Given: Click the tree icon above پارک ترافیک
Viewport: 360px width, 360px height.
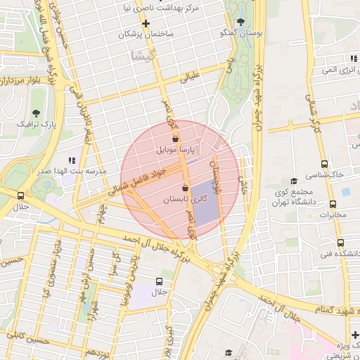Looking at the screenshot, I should click(x=36, y=112).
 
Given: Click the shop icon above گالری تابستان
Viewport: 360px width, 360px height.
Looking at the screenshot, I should click(x=185, y=188).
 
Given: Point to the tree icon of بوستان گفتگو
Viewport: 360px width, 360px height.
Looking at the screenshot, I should click(x=241, y=22).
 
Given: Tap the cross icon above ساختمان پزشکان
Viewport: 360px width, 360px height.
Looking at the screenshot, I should click(x=146, y=23).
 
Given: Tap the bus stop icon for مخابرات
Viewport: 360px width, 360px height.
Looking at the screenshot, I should click(x=324, y=204).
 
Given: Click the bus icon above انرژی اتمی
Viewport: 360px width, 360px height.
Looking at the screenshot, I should click(x=323, y=59).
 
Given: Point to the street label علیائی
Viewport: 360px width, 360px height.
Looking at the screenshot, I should click(x=191, y=77).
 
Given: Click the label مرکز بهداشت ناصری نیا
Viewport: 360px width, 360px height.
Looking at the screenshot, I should click(x=190, y=8).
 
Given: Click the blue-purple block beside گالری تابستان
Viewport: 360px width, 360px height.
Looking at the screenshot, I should click(x=205, y=204).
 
